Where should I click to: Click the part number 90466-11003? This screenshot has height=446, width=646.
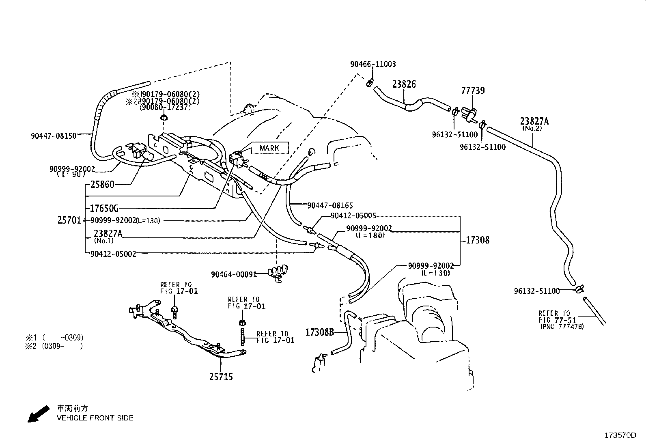[x=373, y=64]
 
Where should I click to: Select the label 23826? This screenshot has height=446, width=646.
[x=404, y=84]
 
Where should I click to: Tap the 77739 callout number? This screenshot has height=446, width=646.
[x=473, y=91]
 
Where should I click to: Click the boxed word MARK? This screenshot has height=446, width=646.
[x=269, y=148]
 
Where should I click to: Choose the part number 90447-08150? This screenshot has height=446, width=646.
[x=54, y=136]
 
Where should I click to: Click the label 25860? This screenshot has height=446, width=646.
[x=102, y=185]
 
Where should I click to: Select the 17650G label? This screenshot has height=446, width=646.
[x=104, y=209]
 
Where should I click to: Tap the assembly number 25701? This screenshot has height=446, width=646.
[x=70, y=221]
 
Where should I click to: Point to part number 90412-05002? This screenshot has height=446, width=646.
[x=113, y=254]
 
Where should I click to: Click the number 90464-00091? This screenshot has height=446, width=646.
[x=234, y=275]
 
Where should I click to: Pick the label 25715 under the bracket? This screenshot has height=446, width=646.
[x=221, y=377]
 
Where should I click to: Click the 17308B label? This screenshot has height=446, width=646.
[x=319, y=332]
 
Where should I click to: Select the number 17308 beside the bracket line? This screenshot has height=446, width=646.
[x=478, y=240]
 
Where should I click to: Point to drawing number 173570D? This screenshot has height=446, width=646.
[x=620, y=435]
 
